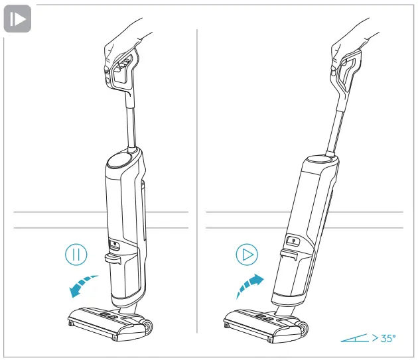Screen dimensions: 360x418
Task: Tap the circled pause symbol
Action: coord(76,255)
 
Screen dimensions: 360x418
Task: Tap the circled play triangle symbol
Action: coord(246,255)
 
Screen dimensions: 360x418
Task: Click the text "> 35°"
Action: coord(383,338)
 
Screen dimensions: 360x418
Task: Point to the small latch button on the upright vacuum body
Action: coord(113,243)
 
